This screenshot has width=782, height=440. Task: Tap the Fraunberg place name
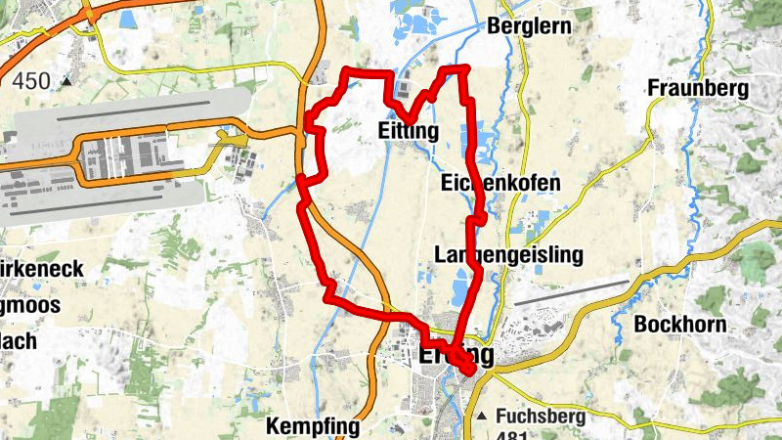point(698,90)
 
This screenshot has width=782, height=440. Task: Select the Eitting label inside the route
point(407,131)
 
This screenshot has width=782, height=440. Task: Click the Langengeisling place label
point(508,255)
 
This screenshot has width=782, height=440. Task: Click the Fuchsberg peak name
point(541,416)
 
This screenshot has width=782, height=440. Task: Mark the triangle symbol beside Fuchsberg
point(482,417)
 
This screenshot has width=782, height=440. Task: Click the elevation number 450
point(31,81)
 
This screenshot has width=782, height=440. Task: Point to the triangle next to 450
point(66,82)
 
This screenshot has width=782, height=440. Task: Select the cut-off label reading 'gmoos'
point(29,305)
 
